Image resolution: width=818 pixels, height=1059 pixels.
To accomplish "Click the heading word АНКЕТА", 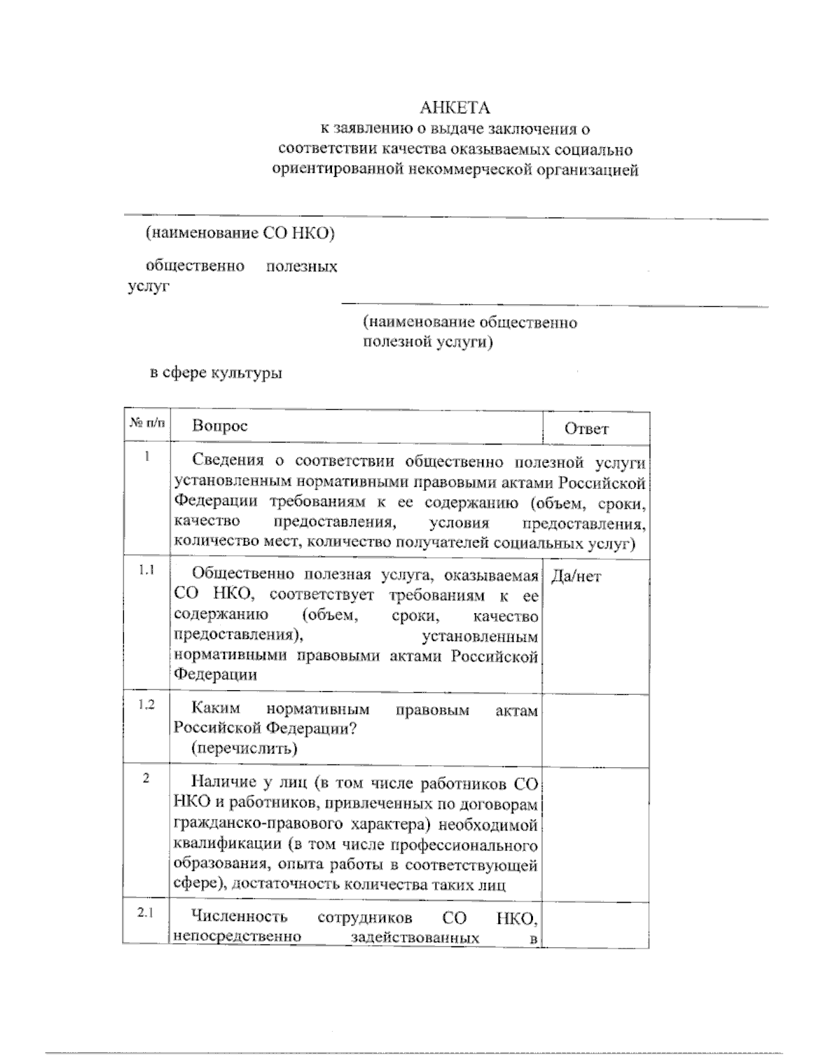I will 455,108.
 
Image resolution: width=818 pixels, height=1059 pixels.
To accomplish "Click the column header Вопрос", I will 219,426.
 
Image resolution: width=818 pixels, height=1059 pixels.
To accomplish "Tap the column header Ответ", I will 586,429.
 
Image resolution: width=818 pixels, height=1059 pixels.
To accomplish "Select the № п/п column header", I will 147,423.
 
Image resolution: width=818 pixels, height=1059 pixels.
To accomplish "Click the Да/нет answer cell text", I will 576,577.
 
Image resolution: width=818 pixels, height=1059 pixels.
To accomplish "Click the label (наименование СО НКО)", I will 240,233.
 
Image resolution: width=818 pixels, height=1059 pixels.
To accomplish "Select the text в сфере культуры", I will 216,373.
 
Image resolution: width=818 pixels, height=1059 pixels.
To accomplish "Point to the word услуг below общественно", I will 148,286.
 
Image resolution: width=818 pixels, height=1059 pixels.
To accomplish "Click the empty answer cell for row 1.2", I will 595,728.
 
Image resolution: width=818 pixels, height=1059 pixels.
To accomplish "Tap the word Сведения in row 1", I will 226,462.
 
